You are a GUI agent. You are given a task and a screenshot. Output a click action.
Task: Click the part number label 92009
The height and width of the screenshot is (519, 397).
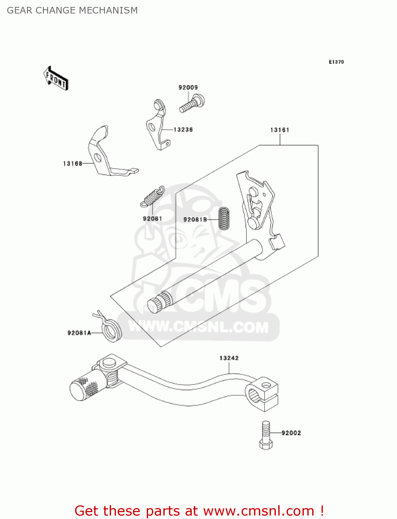(188, 88)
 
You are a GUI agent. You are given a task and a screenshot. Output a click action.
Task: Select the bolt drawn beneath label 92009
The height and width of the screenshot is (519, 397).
(191, 104)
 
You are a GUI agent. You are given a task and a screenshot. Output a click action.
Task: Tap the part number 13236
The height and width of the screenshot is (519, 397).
(183, 130)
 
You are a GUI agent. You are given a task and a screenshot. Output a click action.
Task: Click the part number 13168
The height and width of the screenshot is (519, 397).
(73, 164)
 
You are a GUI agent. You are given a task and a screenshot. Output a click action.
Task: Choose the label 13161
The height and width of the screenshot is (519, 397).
(279, 130)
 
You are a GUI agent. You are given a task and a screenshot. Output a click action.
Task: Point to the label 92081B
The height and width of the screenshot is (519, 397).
(195, 220)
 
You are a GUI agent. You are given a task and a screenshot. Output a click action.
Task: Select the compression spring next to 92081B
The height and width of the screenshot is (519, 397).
(224, 218)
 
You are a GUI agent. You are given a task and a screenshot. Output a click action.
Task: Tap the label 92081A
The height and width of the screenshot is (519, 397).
(79, 333)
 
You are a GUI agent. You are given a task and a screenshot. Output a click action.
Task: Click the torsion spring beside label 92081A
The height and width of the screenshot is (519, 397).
(111, 329)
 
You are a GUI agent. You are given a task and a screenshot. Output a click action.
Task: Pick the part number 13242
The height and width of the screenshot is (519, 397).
(229, 358)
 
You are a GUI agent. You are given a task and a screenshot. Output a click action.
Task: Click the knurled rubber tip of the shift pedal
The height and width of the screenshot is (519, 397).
(85, 387)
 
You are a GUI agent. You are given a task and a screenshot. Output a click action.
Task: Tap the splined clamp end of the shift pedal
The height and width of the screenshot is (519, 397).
(262, 394)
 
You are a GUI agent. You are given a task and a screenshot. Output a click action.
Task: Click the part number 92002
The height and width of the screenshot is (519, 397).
(291, 433)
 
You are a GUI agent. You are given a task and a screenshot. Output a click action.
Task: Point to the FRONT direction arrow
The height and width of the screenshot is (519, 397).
(56, 79)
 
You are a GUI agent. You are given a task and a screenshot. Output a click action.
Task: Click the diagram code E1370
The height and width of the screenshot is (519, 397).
(336, 62)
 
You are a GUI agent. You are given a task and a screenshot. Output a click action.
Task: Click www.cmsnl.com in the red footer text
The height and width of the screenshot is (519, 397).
(259, 511)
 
